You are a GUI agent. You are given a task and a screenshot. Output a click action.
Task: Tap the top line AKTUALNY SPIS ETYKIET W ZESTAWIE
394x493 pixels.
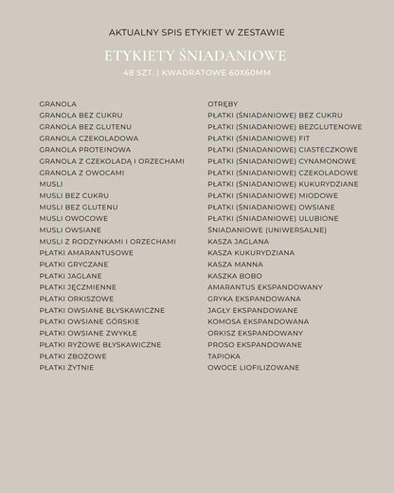tap(196, 32)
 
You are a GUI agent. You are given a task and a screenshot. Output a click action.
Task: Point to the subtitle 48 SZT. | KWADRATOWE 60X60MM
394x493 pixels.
tap(196, 73)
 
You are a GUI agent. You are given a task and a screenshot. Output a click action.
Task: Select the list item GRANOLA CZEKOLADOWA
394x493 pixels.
tap(89, 138)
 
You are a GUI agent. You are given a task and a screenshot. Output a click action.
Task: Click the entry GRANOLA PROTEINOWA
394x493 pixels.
tap(85, 150)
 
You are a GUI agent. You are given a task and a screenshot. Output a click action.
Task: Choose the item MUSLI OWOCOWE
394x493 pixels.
tap(74, 218)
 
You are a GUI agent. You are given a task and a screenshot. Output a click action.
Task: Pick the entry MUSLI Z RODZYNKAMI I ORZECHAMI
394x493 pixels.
tap(107, 242)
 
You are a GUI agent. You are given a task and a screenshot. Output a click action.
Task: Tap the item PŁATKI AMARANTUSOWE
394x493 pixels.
tap(86, 253)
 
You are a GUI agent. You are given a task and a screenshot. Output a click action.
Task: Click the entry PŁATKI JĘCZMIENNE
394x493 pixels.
tap(79, 287)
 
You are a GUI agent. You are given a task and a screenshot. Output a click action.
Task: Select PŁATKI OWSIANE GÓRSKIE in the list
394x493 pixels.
tap(95, 321)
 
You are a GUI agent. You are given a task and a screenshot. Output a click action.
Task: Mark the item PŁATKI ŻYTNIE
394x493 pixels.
tap(66, 367)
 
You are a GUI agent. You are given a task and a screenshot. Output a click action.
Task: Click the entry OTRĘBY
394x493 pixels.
tap(224, 103)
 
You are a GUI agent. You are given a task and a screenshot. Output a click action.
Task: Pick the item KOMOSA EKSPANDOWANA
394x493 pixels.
tap(259, 321)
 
